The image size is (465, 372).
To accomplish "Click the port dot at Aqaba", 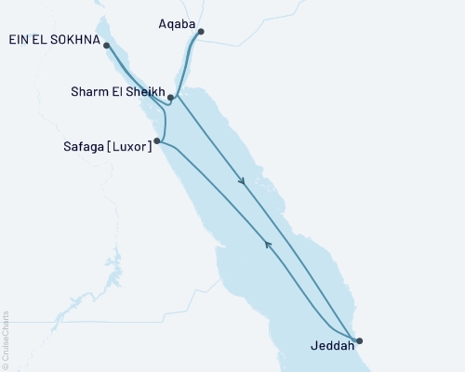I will pyautogui.click(x=201, y=32).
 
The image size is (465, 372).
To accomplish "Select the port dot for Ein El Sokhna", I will pyautogui.click(x=107, y=45).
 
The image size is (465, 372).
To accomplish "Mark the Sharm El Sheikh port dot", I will pyautogui.click(x=171, y=97).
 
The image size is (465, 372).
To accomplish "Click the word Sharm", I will pyautogui.click(x=90, y=93).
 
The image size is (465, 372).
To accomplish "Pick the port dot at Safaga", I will pyautogui.click(x=158, y=141).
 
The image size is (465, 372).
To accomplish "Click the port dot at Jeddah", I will pyautogui.click(x=359, y=340).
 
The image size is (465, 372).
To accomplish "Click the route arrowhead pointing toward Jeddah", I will pyautogui.click(x=243, y=182).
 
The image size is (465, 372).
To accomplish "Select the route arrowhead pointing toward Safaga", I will pyautogui.click(x=268, y=245).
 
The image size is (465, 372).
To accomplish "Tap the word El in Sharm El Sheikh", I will pyautogui.click(x=117, y=93).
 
